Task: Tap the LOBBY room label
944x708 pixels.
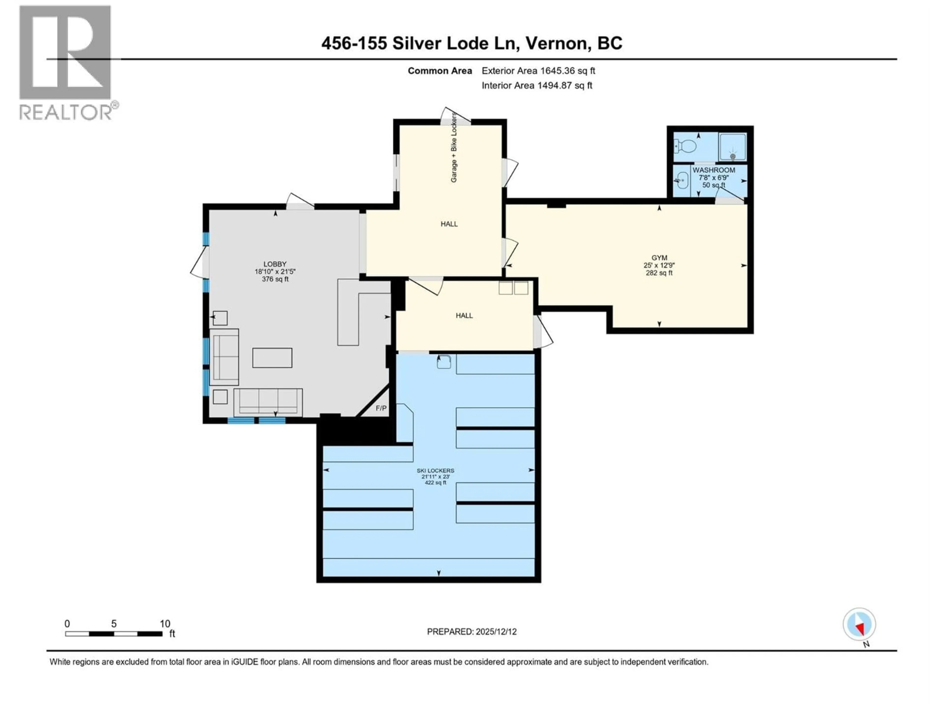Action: [275, 264]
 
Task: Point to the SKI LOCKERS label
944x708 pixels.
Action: [435, 470]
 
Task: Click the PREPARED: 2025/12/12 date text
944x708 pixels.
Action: [472, 632]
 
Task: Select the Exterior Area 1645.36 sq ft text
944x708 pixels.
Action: [538, 71]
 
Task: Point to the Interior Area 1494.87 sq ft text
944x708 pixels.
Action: [537, 85]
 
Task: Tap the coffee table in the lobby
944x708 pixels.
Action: [272, 358]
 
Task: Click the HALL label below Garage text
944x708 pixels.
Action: [449, 224]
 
